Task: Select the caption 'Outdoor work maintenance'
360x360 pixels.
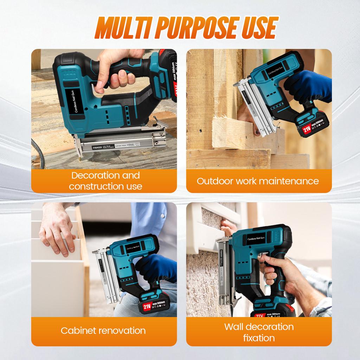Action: (x=258, y=181)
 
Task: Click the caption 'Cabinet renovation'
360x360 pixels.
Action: (x=103, y=330)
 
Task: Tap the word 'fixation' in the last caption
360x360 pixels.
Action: (x=259, y=338)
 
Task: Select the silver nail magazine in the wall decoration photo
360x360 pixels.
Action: (x=224, y=271)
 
